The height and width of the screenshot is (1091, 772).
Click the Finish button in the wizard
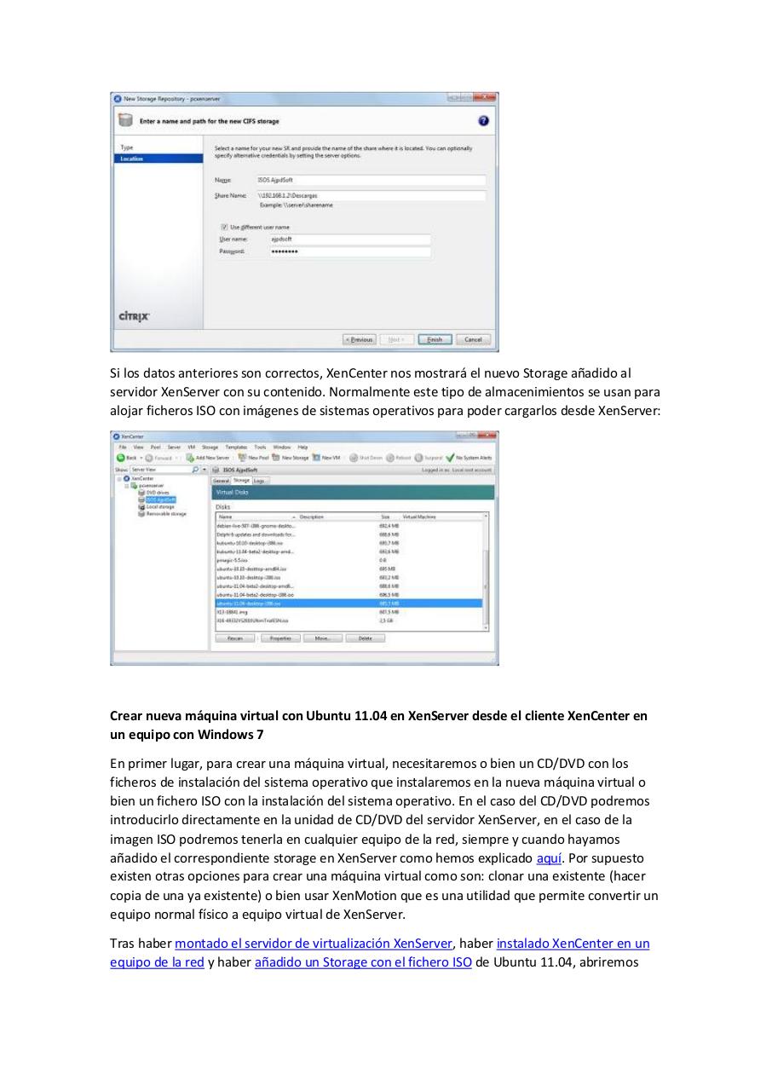point(435,339)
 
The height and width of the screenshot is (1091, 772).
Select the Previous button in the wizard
point(359,339)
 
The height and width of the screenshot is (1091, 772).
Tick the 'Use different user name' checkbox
point(224,228)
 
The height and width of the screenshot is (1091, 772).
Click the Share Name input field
point(370,195)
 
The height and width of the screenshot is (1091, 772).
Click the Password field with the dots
point(343,251)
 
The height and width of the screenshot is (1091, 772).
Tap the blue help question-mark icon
point(484,121)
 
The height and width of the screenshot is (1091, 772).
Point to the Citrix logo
point(134,316)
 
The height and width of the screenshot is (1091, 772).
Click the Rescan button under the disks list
point(235,638)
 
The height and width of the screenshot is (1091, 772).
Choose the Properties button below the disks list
point(279,638)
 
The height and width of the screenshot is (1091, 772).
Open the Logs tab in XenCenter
point(260,481)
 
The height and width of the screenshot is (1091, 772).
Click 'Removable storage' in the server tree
point(165,514)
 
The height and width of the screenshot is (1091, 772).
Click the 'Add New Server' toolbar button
point(208,458)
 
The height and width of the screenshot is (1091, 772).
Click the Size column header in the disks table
point(385,517)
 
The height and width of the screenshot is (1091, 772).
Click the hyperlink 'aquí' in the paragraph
point(549,858)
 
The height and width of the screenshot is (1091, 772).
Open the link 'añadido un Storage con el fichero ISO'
point(363,962)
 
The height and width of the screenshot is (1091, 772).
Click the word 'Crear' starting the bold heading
point(127,716)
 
